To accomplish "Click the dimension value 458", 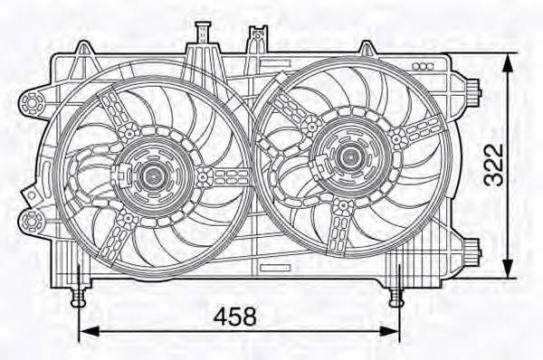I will [235, 317].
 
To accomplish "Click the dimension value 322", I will [491, 164].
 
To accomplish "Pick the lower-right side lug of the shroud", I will [470, 245].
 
